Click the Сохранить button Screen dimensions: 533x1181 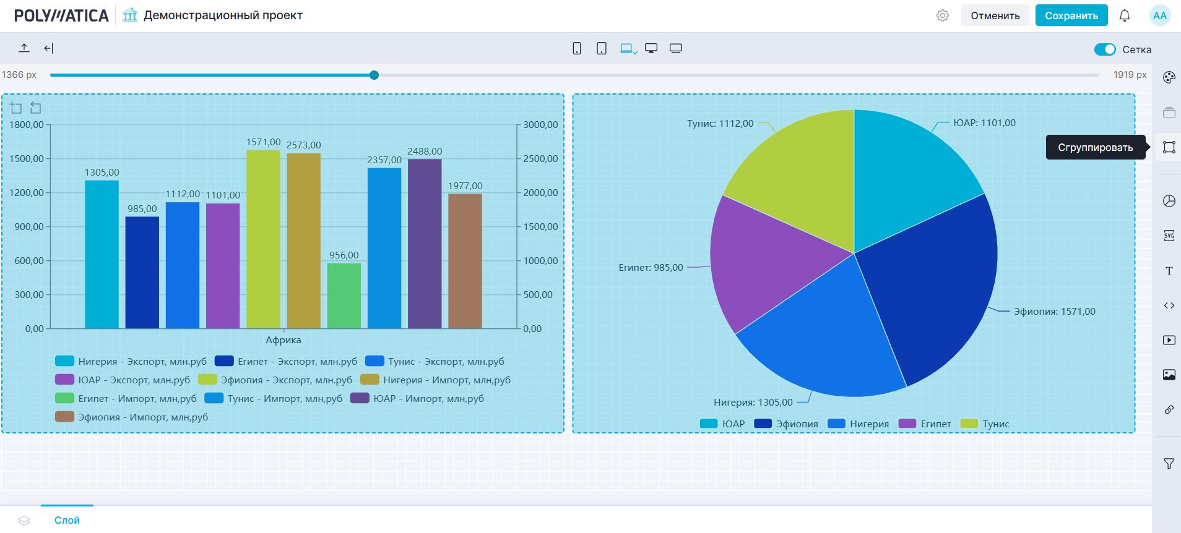pos(1071,15)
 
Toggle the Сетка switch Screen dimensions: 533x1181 pos(1104,49)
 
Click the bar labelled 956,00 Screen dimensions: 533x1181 pos(344,296)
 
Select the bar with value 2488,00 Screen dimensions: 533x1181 pos(425,244)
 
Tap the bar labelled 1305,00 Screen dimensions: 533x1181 pos(102,254)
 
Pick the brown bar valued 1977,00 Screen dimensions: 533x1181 pos(465,261)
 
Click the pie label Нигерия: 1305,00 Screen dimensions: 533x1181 pos(753,403)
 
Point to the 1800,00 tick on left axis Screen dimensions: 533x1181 pos(27,125)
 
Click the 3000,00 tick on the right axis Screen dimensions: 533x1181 pos(540,125)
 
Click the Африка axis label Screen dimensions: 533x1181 pos(283,340)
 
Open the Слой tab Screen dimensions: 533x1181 pos(67,520)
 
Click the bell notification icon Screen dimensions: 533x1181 pos(1125,15)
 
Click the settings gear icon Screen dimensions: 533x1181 pos(942,15)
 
